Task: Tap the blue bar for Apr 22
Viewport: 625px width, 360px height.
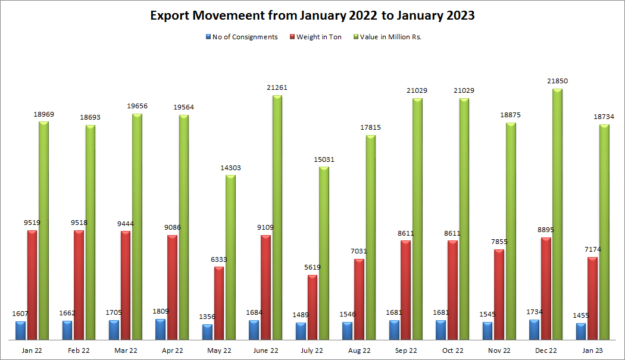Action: (160, 330)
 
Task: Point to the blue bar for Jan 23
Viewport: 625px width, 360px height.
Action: (580, 331)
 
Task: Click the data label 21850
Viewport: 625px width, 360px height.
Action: (558, 81)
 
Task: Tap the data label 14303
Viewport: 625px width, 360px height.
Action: (230, 168)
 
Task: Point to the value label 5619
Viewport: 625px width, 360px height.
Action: (312, 268)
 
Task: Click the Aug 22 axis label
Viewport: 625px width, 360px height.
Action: (360, 351)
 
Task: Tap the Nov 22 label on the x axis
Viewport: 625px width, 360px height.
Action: (499, 351)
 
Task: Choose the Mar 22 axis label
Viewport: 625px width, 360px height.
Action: (126, 351)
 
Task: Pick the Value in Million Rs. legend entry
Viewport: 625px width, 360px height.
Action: (390, 37)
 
